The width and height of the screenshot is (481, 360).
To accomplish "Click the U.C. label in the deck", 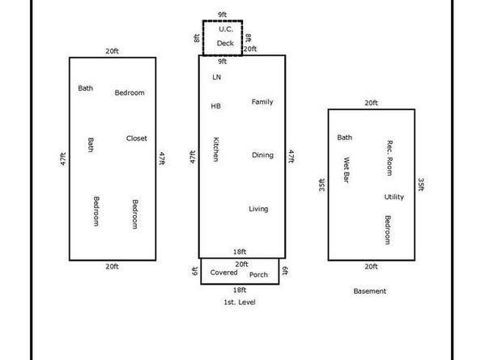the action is (226, 29).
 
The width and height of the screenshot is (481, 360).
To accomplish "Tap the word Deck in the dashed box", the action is (225, 43).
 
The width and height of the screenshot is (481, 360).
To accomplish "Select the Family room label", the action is (262, 102).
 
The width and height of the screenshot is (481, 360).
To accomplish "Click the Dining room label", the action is (262, 155).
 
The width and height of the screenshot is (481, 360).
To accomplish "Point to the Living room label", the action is (258, 209).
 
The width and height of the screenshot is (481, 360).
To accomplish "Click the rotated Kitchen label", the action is (216, 149).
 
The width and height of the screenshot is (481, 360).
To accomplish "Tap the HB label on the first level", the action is (215, 106).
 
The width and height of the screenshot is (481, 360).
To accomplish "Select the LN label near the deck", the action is (216, 77).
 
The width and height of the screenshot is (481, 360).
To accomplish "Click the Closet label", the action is (137, 138).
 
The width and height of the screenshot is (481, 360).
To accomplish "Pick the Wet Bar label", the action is (346, 170).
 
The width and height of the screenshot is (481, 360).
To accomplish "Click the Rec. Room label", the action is (389, 158).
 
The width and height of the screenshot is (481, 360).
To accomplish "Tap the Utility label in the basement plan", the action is (394, 197).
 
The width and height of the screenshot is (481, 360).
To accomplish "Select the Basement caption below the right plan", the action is (369, 291).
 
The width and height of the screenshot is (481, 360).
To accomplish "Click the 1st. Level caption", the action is (240, 302).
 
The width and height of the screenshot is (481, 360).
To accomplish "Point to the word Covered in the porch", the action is (224, 273).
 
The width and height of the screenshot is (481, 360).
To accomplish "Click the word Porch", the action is (258, 275).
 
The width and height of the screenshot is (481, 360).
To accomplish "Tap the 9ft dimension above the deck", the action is (223, 15).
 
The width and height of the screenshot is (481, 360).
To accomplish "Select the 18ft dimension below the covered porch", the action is (240, 290).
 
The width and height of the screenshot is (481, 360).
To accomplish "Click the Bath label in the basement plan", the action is (344, 138).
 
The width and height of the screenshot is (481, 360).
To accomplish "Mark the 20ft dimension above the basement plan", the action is (371, 103).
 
